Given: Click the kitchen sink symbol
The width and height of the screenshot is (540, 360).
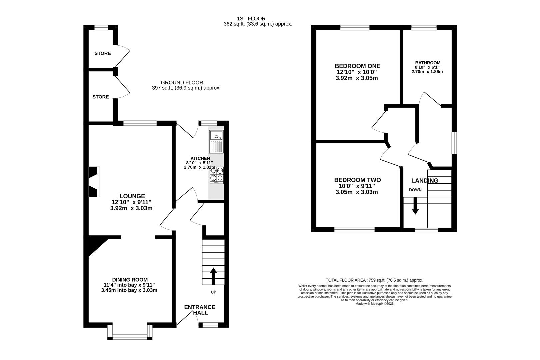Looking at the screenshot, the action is coord(216,142).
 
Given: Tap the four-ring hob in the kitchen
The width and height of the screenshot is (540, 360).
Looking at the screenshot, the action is coord(216,175).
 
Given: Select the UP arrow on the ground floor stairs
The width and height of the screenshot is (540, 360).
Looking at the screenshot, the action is coord(213,276).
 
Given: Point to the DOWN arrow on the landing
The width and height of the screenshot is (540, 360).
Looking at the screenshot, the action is coord(415,206).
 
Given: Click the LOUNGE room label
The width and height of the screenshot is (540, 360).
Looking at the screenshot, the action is coord(132,196).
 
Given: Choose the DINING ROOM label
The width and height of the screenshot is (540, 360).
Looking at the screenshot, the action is coord(130,280).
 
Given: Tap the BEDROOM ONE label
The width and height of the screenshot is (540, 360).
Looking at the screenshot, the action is coord(358,66).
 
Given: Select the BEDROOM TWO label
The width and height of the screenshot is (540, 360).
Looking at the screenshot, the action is coord(358,180).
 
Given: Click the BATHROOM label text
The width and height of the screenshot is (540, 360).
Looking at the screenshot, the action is coord(428,63).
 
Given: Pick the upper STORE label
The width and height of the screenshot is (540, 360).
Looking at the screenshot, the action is coord(103,53).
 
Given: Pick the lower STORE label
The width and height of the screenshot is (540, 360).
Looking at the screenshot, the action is coord(101,97).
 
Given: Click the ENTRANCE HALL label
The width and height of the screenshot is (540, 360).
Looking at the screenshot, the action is coord(200,310).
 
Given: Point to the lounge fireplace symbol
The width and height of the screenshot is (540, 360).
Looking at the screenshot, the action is coord(94,182).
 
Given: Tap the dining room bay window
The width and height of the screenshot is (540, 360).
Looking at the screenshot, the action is coord(130,333).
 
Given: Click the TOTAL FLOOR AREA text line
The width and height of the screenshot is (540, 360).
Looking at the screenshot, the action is coord(374,280).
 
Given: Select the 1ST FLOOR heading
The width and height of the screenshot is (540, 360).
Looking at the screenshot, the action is coord(251,19).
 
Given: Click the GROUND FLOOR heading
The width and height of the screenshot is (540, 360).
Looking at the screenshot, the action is coord(182,83).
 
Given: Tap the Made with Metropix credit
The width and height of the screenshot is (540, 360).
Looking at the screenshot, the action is coord(374,304).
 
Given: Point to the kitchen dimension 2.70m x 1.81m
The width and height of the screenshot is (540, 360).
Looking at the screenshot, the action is coord(199,167).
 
